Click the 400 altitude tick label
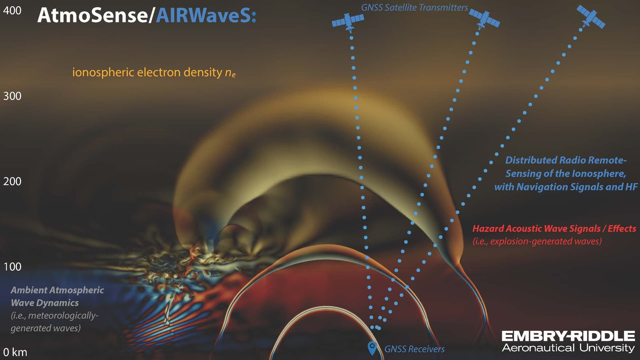click(x=12, y=10)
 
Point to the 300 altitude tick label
click(x=12, y=96)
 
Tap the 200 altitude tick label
click(x=12, y=181)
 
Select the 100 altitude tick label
click(x=12, y=267)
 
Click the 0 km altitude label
click(x=15, y=352)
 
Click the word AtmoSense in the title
click(x=92, y=15)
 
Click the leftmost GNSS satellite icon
click(x=348, y=22)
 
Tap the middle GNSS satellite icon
click(x=485, y=19)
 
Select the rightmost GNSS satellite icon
click(x=591, y=17)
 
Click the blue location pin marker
click(x=372, y=348)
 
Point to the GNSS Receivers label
click(x=414, y=349)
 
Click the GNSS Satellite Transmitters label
click(x=414, y=7)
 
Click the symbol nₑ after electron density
click(x=230, y=73)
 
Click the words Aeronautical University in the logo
click(x=568, y=348)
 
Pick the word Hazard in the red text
click(x=488, y=229)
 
